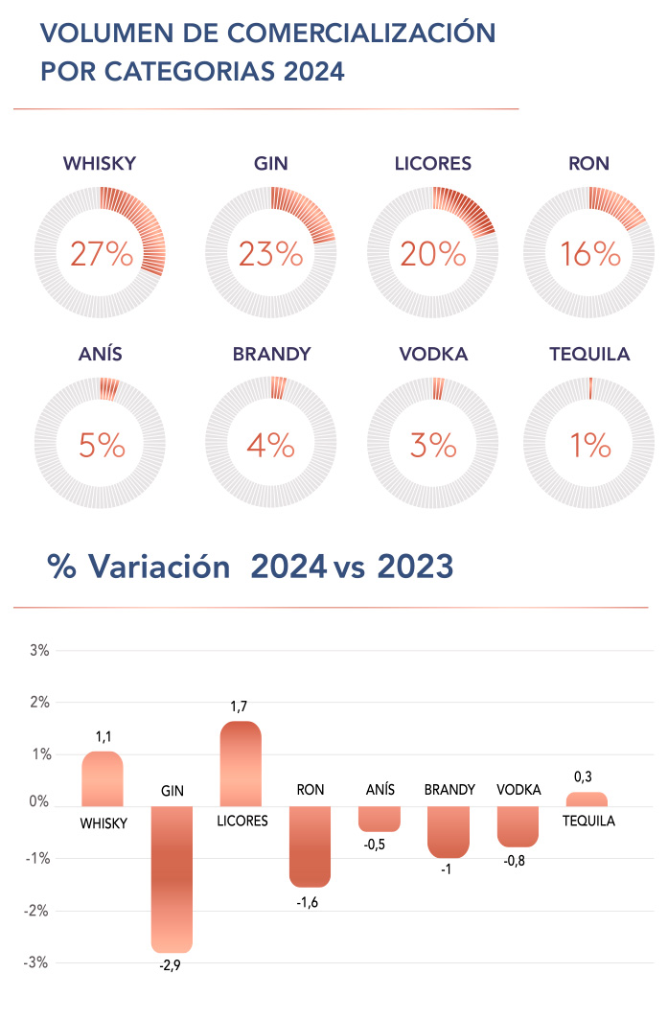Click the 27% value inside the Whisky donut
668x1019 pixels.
101,254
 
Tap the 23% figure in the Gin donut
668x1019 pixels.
270,254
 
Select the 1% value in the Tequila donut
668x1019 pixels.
589,445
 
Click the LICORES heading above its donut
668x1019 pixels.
433,164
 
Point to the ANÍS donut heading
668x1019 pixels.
100,355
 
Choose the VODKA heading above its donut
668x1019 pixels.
433,355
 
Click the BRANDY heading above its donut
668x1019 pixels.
271,355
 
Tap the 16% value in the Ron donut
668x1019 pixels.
589,254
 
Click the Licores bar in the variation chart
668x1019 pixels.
241,763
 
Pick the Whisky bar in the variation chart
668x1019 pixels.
103,778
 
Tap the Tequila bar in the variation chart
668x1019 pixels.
587,799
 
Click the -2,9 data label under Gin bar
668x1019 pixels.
170,966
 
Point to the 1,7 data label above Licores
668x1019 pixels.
240,706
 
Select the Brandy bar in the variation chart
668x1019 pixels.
449,831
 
